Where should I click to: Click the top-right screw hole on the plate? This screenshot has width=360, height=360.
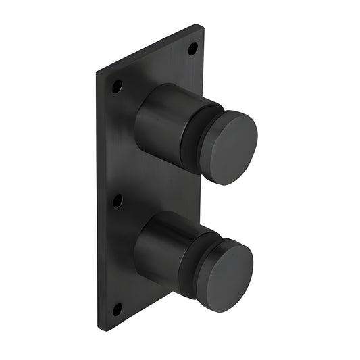click(192, 48)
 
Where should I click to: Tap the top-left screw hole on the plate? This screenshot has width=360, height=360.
click(117, 86)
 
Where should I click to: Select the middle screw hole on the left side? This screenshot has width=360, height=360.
click(118, 201)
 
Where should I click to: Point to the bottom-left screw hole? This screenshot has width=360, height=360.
click(117, 309)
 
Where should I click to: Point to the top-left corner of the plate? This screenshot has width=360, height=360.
click(97, 70)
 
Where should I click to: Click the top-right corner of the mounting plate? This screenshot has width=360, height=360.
click(202, 25)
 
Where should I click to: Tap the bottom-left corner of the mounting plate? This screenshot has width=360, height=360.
click(99, 329)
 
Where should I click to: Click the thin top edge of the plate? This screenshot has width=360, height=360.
click(149, 47)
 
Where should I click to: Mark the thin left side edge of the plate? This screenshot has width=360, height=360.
click(98, 203)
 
